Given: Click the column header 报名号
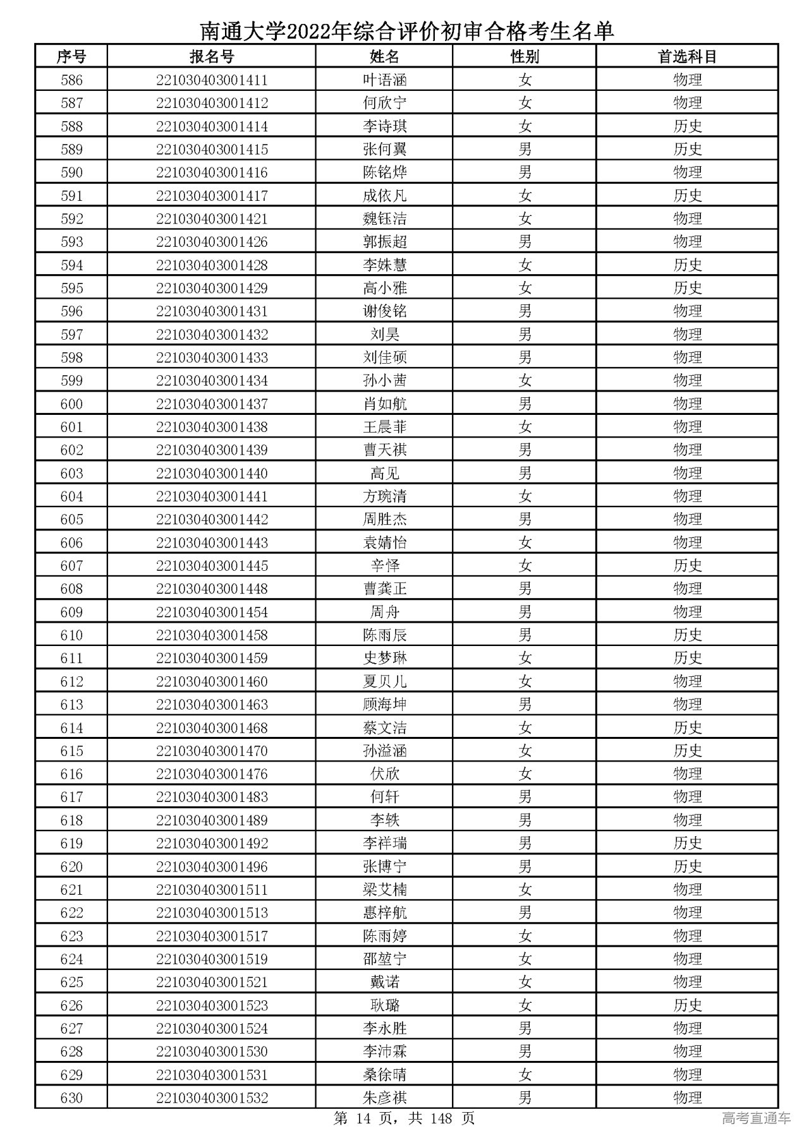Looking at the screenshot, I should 212,57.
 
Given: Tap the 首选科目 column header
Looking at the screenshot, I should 688,57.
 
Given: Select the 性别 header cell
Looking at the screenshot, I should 525,57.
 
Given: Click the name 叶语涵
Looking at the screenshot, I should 384,80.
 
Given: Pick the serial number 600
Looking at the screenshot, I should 71,404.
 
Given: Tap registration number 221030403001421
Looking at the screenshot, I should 212,218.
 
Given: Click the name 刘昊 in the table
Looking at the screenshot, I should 384,334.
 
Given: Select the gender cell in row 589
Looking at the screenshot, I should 525,149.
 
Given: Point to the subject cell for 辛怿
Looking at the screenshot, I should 688,565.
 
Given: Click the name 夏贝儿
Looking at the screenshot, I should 384,681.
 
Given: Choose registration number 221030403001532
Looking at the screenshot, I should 212,1098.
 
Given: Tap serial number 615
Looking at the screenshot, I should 71,751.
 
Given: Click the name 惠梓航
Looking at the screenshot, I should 384,913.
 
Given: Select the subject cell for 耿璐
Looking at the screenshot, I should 688,1005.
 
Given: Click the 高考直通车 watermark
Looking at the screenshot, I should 756,1119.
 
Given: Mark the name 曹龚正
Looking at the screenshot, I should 384,589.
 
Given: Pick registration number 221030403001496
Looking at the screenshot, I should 212,866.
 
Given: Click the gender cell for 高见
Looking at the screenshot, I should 525,473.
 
